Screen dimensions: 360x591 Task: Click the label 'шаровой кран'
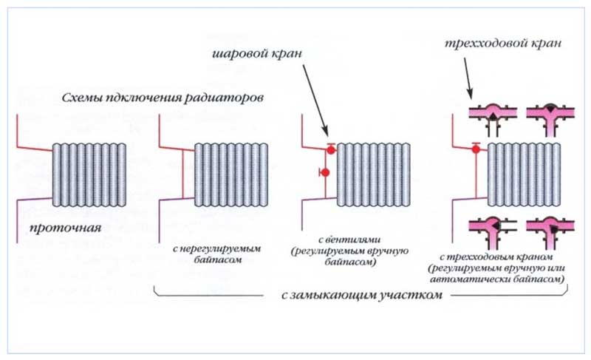257,55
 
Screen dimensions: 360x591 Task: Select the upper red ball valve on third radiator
331,149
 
